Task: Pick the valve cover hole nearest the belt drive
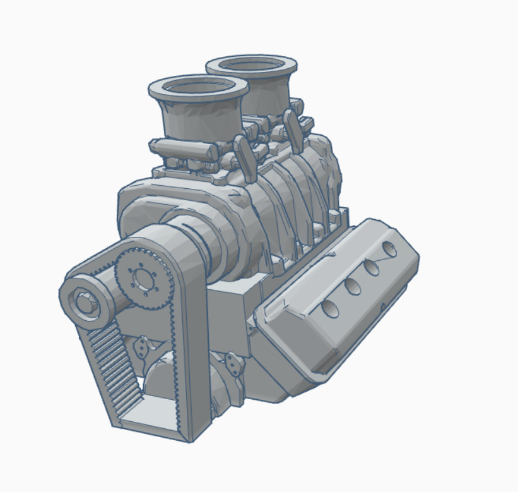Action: (x=329, y=309)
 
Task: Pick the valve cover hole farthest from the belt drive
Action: (x=391, y=248)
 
